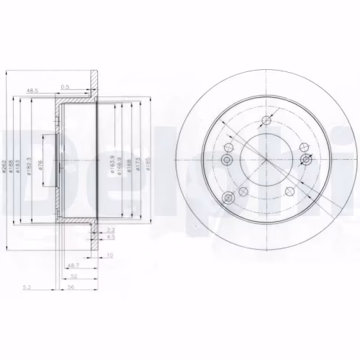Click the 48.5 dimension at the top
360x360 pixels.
[x=32, y=91]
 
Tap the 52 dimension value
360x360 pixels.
[x=73, y=275]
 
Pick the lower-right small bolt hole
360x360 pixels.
[x=290, y=190]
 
